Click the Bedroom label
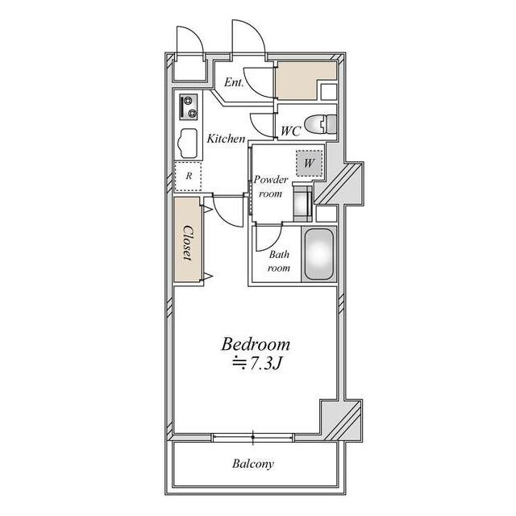pyautogui.click(x=256, y=345)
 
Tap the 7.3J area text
pyautogui.click(x=258, y=364)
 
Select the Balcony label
pyautogui.click(x=252, y=464)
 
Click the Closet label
pyautogui.click(x=188, y=243)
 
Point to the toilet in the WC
pyautogui.click(x=321, y=124)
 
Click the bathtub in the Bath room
pyautogui.click(x=319, y=254)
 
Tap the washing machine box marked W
pyautogui.click(x=309, y=163)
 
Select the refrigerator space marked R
pyautogui.click(x=188, y=176)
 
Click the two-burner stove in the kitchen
pyautogui.click(x=189, y=107)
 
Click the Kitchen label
pyautogui.click(x=226, y=139)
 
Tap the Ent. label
pyautogui.click(x=234, y=82)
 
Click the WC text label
pyautogui.click(x=290, y=131)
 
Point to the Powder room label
pyautogui.click(x=271, y=186)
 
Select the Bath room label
pyautogui.click(x=279, y=261)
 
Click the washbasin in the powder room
pyautogui.click(x=303, y=204)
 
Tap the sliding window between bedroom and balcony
pyautogui.click(x=252, y=437)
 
